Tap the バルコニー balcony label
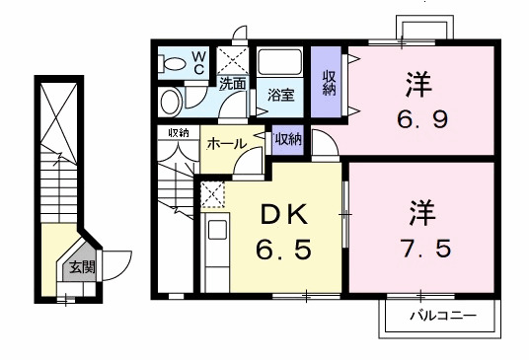444,318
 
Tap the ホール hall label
225,144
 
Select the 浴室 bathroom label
282,95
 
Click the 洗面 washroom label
233,84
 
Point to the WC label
198,62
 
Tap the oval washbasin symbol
171,102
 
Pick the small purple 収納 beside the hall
288,139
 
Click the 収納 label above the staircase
179,132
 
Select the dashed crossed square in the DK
212,194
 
